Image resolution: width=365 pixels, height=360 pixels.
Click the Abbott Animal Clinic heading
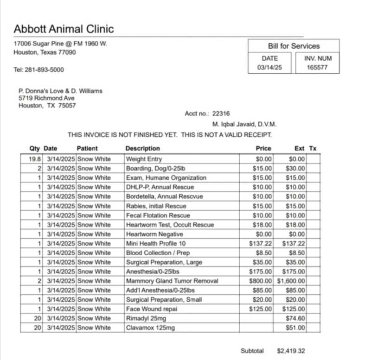click(x=64, y=29)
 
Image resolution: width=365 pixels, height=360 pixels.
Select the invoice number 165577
click(x=317, y=68)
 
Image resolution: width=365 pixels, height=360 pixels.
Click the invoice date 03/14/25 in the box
click(x=269, y=68)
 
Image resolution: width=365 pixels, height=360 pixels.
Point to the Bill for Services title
click(x=294, y=46)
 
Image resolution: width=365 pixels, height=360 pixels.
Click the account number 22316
click(x=221, y=114)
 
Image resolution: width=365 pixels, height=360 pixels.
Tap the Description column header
click(x=142, y=148)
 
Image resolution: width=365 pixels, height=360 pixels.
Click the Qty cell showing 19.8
click(x=35, y=159)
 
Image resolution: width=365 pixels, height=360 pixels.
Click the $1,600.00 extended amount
click(x=291, y=281)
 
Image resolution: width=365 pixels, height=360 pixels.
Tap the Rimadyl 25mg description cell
click(x=146, y=318)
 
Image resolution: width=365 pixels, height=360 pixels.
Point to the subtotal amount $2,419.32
click(x=291, y=351)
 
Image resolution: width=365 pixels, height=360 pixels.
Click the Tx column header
click(x=313, y=148)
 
